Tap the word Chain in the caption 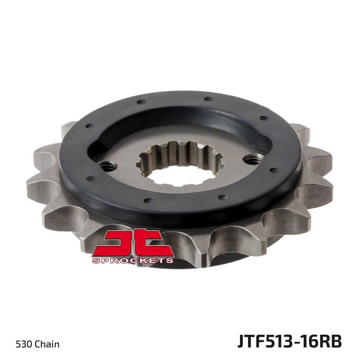[x=47, y=344]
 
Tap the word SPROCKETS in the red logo [x=132, y=260]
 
